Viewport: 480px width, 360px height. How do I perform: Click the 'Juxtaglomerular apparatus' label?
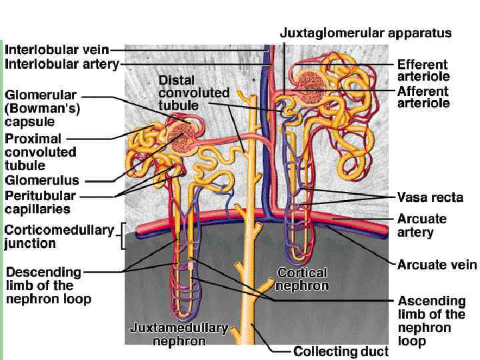point(365,33)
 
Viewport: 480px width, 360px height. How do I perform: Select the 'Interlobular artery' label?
point(61,64)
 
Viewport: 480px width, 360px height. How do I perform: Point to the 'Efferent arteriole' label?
point(423,71)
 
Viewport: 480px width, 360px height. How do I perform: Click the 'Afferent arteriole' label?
point(423,97)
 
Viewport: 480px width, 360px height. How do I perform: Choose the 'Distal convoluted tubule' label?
point(193,93)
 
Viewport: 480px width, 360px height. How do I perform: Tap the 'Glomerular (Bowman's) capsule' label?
point(41,109)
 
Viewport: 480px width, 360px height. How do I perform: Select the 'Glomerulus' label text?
point(42,180)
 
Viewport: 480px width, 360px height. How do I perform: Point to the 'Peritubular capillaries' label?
point(40,202)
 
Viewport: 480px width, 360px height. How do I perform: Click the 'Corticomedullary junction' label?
point(59,236)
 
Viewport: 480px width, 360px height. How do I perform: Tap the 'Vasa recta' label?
point(430,197)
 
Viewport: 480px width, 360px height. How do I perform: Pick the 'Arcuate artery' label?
point(422,225)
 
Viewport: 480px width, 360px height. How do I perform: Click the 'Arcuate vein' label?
point(437,265)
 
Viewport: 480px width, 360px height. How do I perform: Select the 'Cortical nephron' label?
point(303,279)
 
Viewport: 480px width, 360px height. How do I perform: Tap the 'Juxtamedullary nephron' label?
point(179,335)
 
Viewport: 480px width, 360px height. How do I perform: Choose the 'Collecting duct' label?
point(339,351)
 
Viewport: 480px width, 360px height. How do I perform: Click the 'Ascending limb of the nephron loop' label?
point(431,321)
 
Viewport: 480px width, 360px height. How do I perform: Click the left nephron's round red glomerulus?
point(179,138)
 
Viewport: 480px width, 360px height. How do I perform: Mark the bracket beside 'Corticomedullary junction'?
point(122,236)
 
